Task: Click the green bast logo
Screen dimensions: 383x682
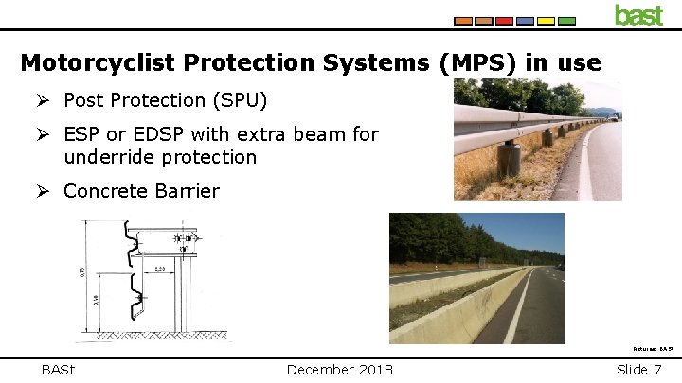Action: coord(638,15)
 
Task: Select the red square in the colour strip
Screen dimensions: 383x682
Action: coord(505,20)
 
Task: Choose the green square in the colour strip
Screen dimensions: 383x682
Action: coord(566,20)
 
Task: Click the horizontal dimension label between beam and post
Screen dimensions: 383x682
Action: coord(164,270)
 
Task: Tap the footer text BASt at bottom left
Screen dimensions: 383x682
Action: coord(59,369)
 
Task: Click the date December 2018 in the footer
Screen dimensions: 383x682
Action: coord(340,369)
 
